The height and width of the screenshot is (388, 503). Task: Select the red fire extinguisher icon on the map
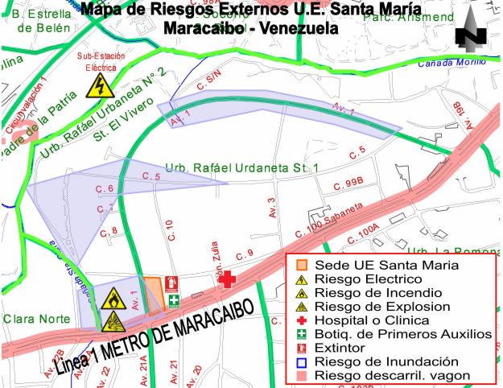(171, 283)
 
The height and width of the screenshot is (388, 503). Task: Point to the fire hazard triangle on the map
(112, 299)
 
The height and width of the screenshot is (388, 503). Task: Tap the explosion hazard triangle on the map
(112, 321)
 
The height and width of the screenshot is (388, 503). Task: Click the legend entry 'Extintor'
(340, 348)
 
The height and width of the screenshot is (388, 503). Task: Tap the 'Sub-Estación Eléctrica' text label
(102, 62)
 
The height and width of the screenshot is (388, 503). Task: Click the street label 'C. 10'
(169, 229)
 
